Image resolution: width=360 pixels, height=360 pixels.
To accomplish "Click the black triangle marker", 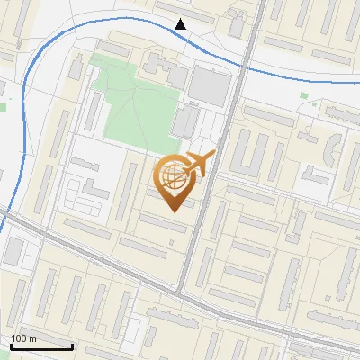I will (x=181, y=24).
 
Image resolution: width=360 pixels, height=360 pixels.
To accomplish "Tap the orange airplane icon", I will (x=200, y=164).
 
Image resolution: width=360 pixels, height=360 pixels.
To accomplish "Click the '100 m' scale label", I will (x=24, y=338).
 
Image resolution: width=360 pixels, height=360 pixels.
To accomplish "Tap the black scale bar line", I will (x=40, y=346).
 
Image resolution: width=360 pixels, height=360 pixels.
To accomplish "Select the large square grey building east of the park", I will (x=211, y=86).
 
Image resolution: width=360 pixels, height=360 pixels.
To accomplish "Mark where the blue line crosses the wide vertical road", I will (x=243, y=66).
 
